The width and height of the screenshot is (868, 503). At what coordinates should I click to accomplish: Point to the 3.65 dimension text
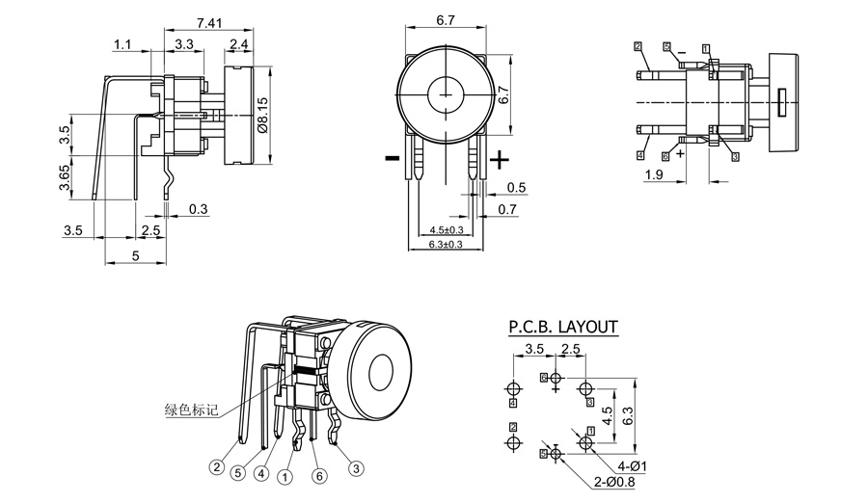coord(65,178)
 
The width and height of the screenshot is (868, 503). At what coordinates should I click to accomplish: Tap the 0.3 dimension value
coord(198,209)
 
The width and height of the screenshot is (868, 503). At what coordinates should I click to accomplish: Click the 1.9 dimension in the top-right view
coord(653,174)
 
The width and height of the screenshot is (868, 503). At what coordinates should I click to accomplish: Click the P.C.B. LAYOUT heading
coord(563,328)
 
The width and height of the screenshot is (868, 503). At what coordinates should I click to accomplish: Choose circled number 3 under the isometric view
coord(356,468)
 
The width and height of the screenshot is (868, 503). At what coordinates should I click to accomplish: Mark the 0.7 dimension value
coord(506,209)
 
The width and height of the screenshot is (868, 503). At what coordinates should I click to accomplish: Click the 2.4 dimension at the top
coord(240,44)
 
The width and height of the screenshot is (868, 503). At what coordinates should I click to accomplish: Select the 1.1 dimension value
coord(122,44)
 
